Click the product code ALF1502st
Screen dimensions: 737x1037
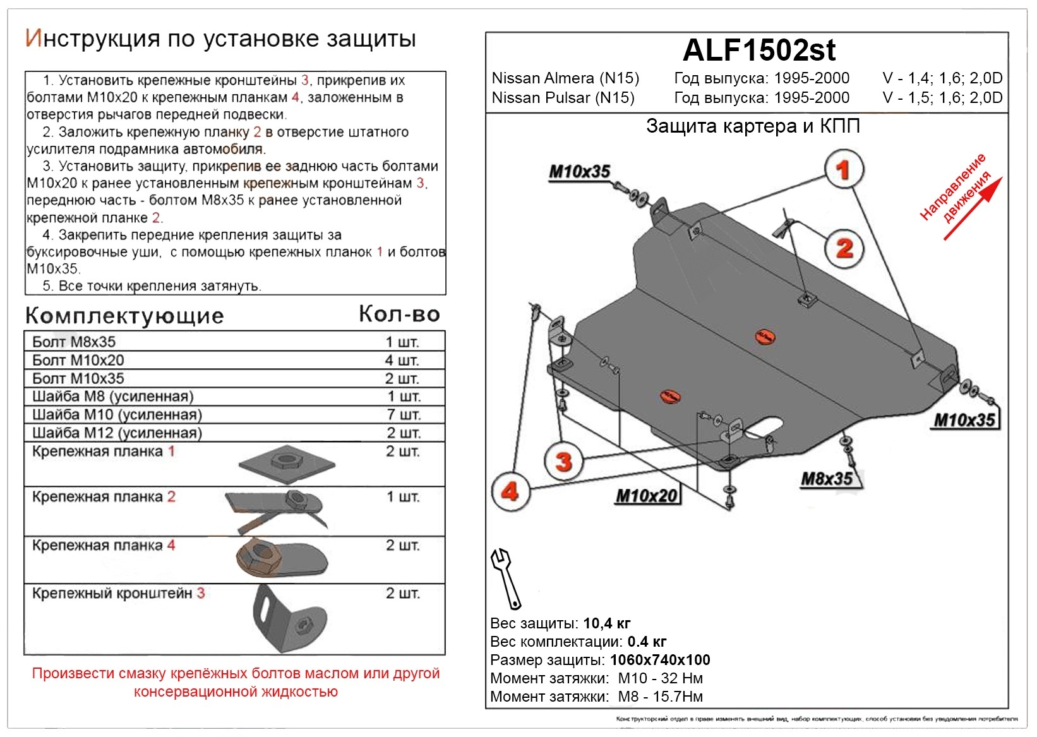point(759,51)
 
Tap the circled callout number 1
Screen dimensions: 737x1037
point(843,169)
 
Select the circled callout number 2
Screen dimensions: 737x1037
point(844,248)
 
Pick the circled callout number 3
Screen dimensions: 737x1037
point(563,461)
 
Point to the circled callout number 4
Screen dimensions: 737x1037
point(510,491)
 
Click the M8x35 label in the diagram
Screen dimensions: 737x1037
point(827,479)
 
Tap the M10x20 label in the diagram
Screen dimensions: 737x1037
point(647,496)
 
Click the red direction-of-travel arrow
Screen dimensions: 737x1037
point(973,209)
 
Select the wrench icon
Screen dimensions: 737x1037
point(505,578)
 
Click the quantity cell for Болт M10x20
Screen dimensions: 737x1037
point(402,360)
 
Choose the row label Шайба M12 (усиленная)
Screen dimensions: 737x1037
point(117,433)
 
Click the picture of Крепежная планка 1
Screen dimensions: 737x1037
point(287,464)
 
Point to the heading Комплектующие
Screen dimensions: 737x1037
point(124,315)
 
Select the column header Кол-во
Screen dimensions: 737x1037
point(399,314)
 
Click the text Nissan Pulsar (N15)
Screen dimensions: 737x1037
point(563,98)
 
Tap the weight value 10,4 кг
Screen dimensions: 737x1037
point(606,624)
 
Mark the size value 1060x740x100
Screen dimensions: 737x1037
point(660,661)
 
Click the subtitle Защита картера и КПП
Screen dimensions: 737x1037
point(753,126)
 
